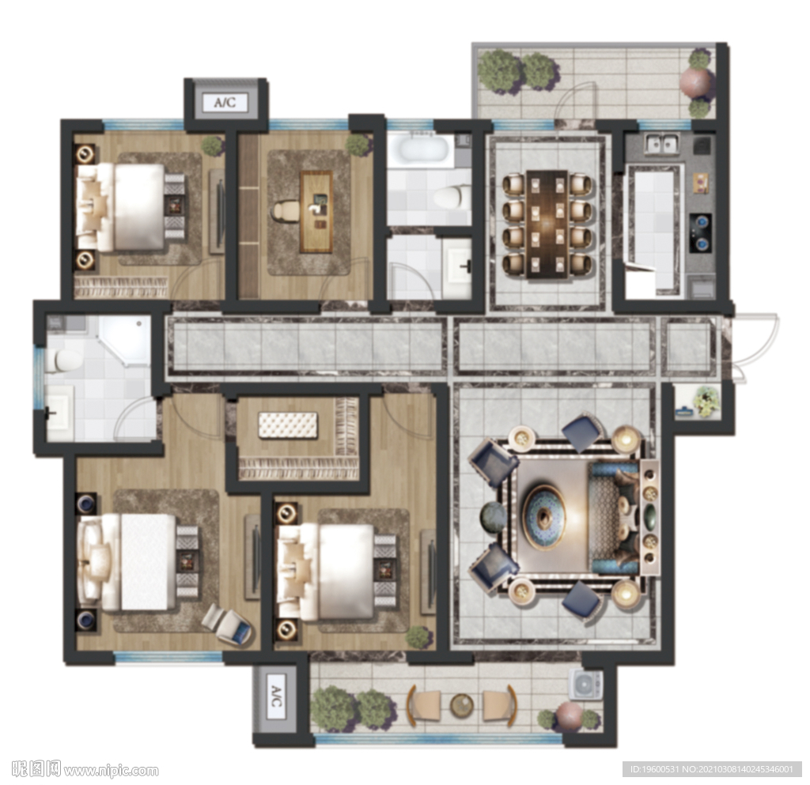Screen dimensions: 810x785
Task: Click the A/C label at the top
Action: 225,102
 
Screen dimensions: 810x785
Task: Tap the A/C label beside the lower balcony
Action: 276,696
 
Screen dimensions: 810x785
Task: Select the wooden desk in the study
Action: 316,212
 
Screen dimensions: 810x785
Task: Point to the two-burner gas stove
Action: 700,232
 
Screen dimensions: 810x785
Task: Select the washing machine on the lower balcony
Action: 585,685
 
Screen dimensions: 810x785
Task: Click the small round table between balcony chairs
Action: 461,705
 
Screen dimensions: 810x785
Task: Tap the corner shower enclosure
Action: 124,341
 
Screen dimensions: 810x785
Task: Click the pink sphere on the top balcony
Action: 695,83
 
